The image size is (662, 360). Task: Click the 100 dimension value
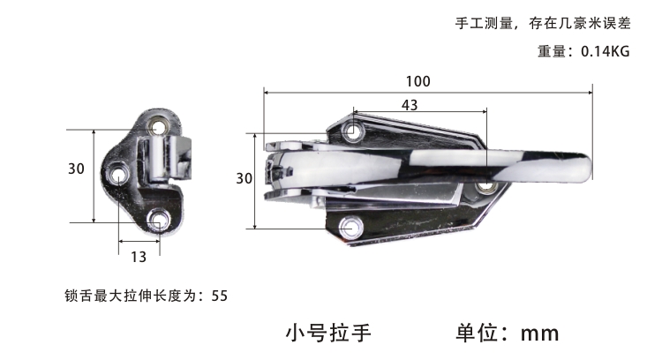coord(418,81)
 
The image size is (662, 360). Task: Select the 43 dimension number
coord(410,105)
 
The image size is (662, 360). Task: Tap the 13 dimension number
coord(139,257)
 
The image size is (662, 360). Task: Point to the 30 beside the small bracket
coord(77,169)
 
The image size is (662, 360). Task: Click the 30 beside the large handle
coord(244,178)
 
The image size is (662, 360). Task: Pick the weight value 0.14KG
coord(606,51)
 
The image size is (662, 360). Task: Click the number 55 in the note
coord(220,296)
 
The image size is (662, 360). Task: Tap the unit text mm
coord(539,334)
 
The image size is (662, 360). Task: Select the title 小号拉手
coord(328,333)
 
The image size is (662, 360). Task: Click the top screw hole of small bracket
coord(159,126)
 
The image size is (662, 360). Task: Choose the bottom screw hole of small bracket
coord(158,220)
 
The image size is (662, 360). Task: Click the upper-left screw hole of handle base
coord(353,131)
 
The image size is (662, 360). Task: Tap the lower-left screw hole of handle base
coord(350,228)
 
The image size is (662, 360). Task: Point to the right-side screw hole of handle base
coord(486,185)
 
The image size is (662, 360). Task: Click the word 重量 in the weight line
coord(552,51)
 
